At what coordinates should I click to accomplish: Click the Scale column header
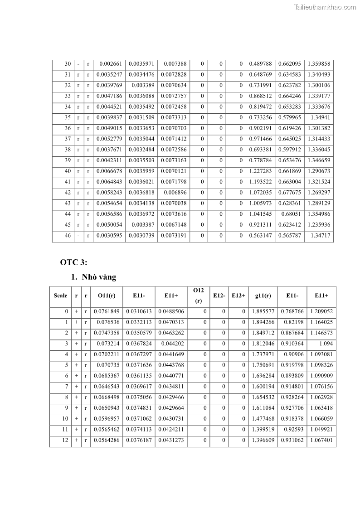pyautogui.click(x=60, y=296)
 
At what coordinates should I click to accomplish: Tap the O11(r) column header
pyautogui.click(x=107, y=296)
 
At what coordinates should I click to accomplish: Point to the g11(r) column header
pyautogui.click(x=263, y=296)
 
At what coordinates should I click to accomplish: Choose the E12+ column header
pyautogui.click(x=238, y=296)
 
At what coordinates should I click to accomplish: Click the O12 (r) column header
pyautogui.click(x=198, y=295)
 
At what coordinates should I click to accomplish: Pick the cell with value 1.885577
pyautogui.click(x=263, y=311)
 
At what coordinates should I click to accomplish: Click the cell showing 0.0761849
pyautogui.click(x=107, y=311)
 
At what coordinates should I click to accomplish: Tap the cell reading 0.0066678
pyautogui.click(x=109, y=171)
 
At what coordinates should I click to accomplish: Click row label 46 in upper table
pyautogui.click(x=68, y=236)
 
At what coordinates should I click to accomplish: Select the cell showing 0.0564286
pyautogui.click(x=107, y=440)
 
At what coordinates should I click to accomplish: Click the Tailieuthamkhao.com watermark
pyautogui.click(x=325, y=7)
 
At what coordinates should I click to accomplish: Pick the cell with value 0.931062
pyautogui.click(x=292, y=440)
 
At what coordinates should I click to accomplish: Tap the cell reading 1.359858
pyautogui.click(x=319, y=64)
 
